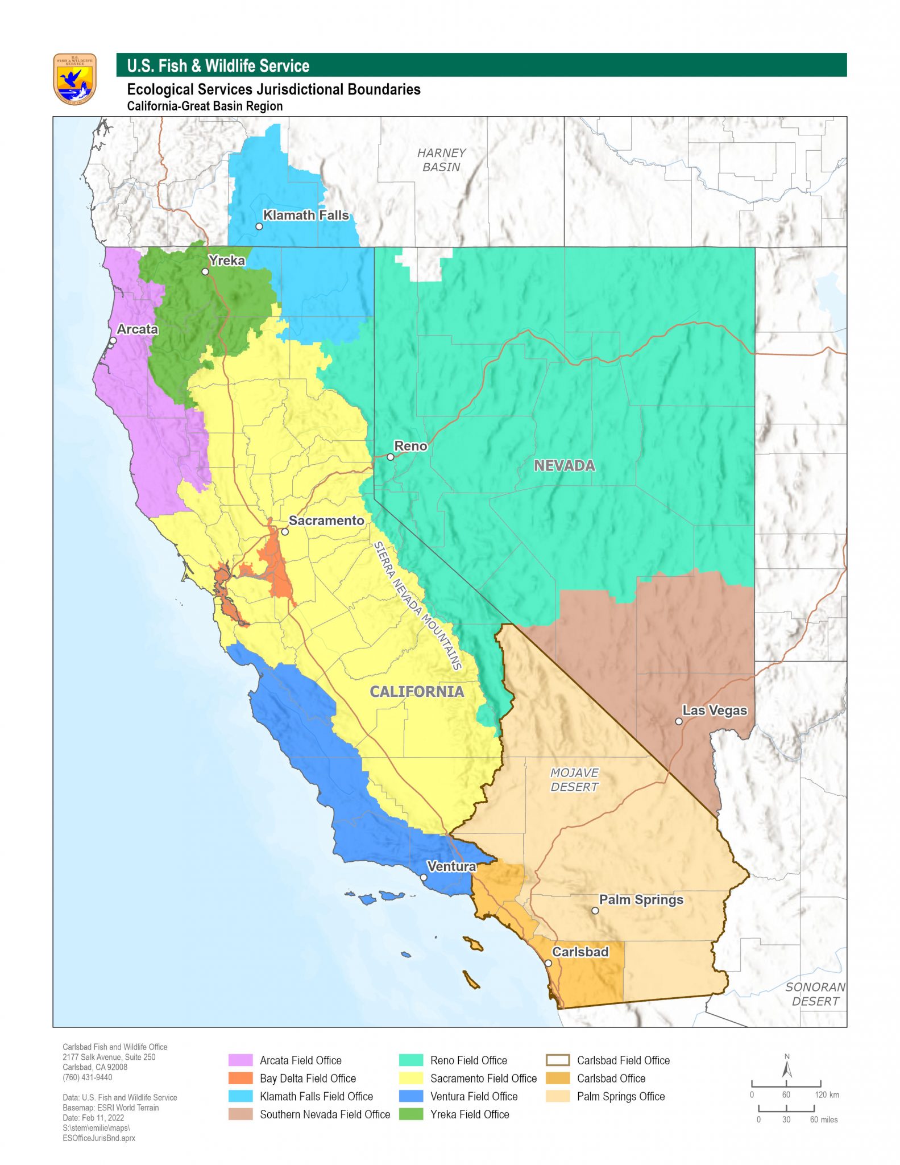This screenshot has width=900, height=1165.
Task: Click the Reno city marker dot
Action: point(391,457)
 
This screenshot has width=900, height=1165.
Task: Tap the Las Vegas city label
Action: point(714,710)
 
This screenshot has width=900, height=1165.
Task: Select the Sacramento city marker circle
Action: point(285,532)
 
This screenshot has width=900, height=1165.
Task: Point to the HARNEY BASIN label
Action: point(441,160)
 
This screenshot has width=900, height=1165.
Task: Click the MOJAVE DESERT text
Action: point(574,780)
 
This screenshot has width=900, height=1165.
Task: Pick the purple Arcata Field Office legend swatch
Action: point(240,1060)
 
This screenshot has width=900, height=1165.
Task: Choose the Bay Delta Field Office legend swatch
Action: point(240,1078)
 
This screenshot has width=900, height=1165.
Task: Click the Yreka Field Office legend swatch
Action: point(411,1114)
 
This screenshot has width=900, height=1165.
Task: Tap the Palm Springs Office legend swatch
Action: point(557,1096)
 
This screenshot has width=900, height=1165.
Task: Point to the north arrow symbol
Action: point(787,1067)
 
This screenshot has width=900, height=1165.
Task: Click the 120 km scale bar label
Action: point(826,1094)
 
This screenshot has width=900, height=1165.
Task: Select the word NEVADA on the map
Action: point(564,466)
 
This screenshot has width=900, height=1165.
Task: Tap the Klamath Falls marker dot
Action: point(259,226)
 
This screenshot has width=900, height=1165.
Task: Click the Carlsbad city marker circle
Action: point(548,964)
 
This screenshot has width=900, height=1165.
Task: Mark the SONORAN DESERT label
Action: point(815,994)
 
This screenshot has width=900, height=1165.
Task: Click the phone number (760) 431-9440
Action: point(88,1077)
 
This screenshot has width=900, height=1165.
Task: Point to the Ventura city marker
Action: point(424,878)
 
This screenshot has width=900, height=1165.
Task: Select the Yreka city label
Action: point(227,261)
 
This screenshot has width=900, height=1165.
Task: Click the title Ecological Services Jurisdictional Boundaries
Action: point(273,89)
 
